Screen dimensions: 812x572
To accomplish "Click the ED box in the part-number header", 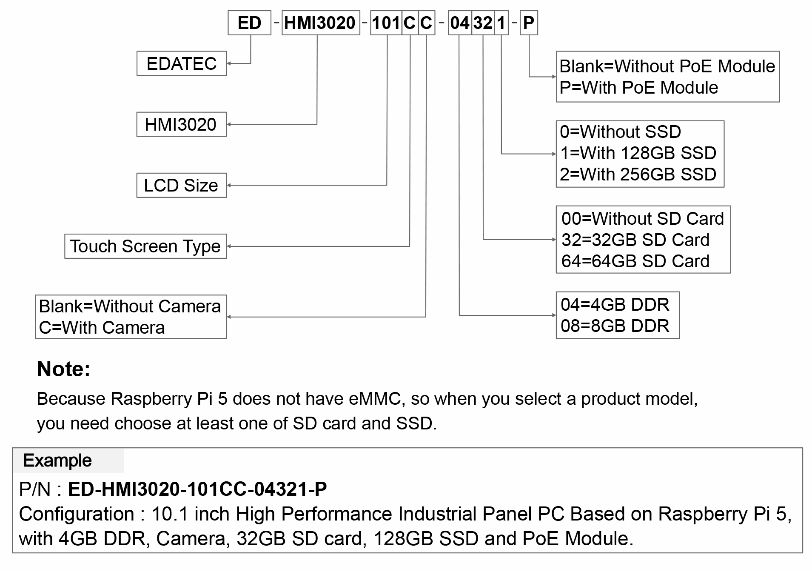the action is (249, 23).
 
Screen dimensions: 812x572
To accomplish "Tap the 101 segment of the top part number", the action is (386, 23).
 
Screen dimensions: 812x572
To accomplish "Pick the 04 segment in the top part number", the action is (459, 23).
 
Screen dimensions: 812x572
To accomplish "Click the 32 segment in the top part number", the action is (483, 23).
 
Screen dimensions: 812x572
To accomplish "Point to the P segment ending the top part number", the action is (529, 23).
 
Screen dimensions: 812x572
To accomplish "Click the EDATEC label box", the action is (182, 63).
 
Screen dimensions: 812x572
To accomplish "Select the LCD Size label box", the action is (182, 185).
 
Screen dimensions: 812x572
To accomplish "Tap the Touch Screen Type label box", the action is (145, 246).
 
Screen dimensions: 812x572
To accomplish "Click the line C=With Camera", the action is (102, 328).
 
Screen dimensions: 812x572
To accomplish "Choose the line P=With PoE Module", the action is (638, 88).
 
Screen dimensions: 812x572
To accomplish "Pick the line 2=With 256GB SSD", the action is (638, 174).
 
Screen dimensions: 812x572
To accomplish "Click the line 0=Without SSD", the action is (620, 132).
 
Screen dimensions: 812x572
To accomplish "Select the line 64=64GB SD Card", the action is (635, 261).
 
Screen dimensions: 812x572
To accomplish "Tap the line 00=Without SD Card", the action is (643, 219).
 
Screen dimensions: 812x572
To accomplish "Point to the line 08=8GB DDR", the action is (615, 326).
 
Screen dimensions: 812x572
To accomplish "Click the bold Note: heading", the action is (64, 369).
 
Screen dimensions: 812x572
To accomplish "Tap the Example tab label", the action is (57, 460).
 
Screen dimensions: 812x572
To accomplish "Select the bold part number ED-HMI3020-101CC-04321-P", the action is (197, 489).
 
